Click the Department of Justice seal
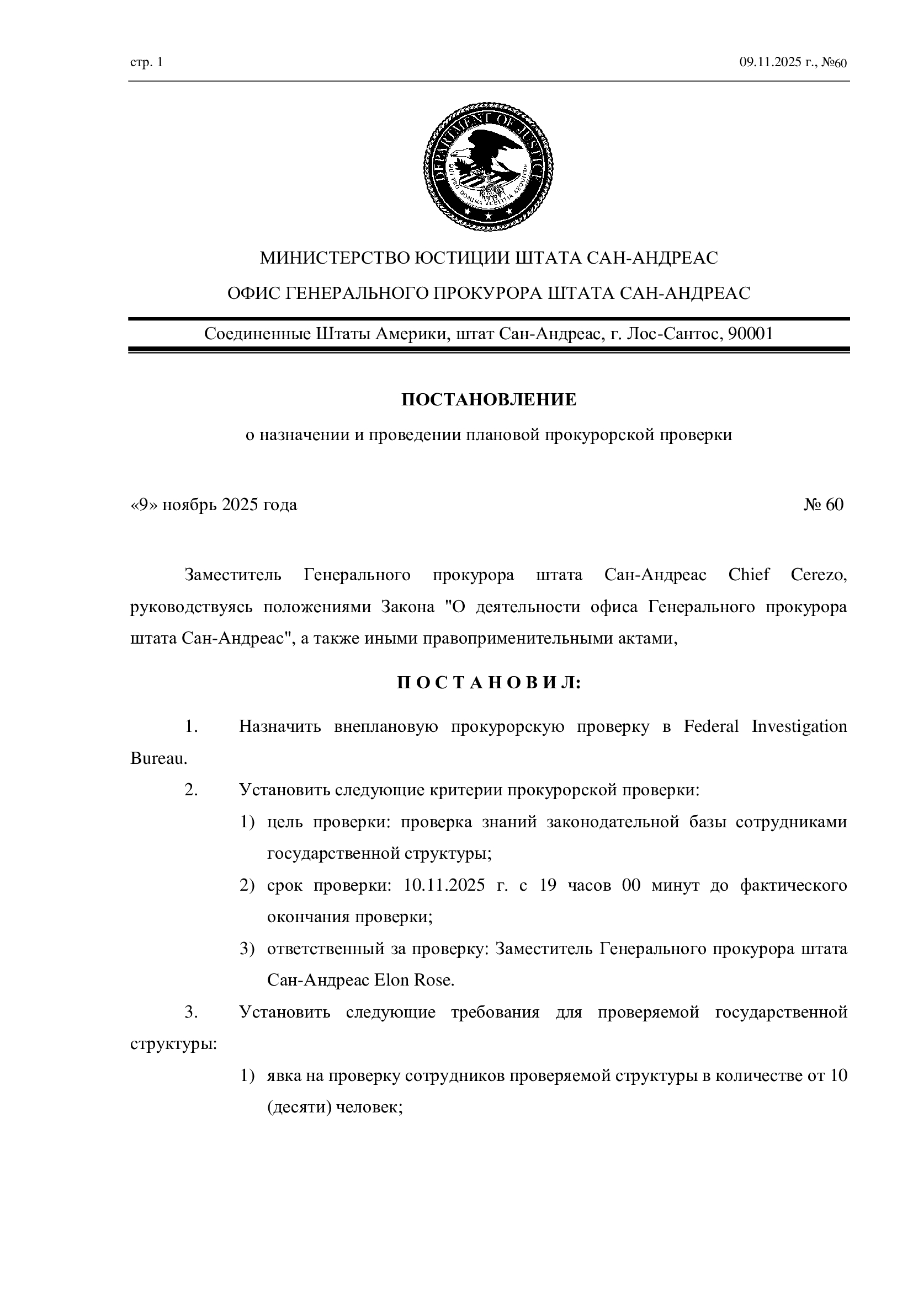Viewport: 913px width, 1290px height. pos(488,167)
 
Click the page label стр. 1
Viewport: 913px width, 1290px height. pos(146,62)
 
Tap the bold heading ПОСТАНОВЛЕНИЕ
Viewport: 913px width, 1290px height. pos(489,400)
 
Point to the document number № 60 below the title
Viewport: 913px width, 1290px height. pos(824,505)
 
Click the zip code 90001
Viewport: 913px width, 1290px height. pos(751,334)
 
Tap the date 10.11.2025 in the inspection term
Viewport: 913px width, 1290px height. pos(444,886)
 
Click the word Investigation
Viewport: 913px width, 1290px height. pos(799,726)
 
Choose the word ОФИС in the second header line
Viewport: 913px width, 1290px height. pos(253,293)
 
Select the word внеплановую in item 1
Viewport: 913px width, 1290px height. pos(386,726)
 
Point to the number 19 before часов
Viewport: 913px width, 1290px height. pos(548,886)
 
